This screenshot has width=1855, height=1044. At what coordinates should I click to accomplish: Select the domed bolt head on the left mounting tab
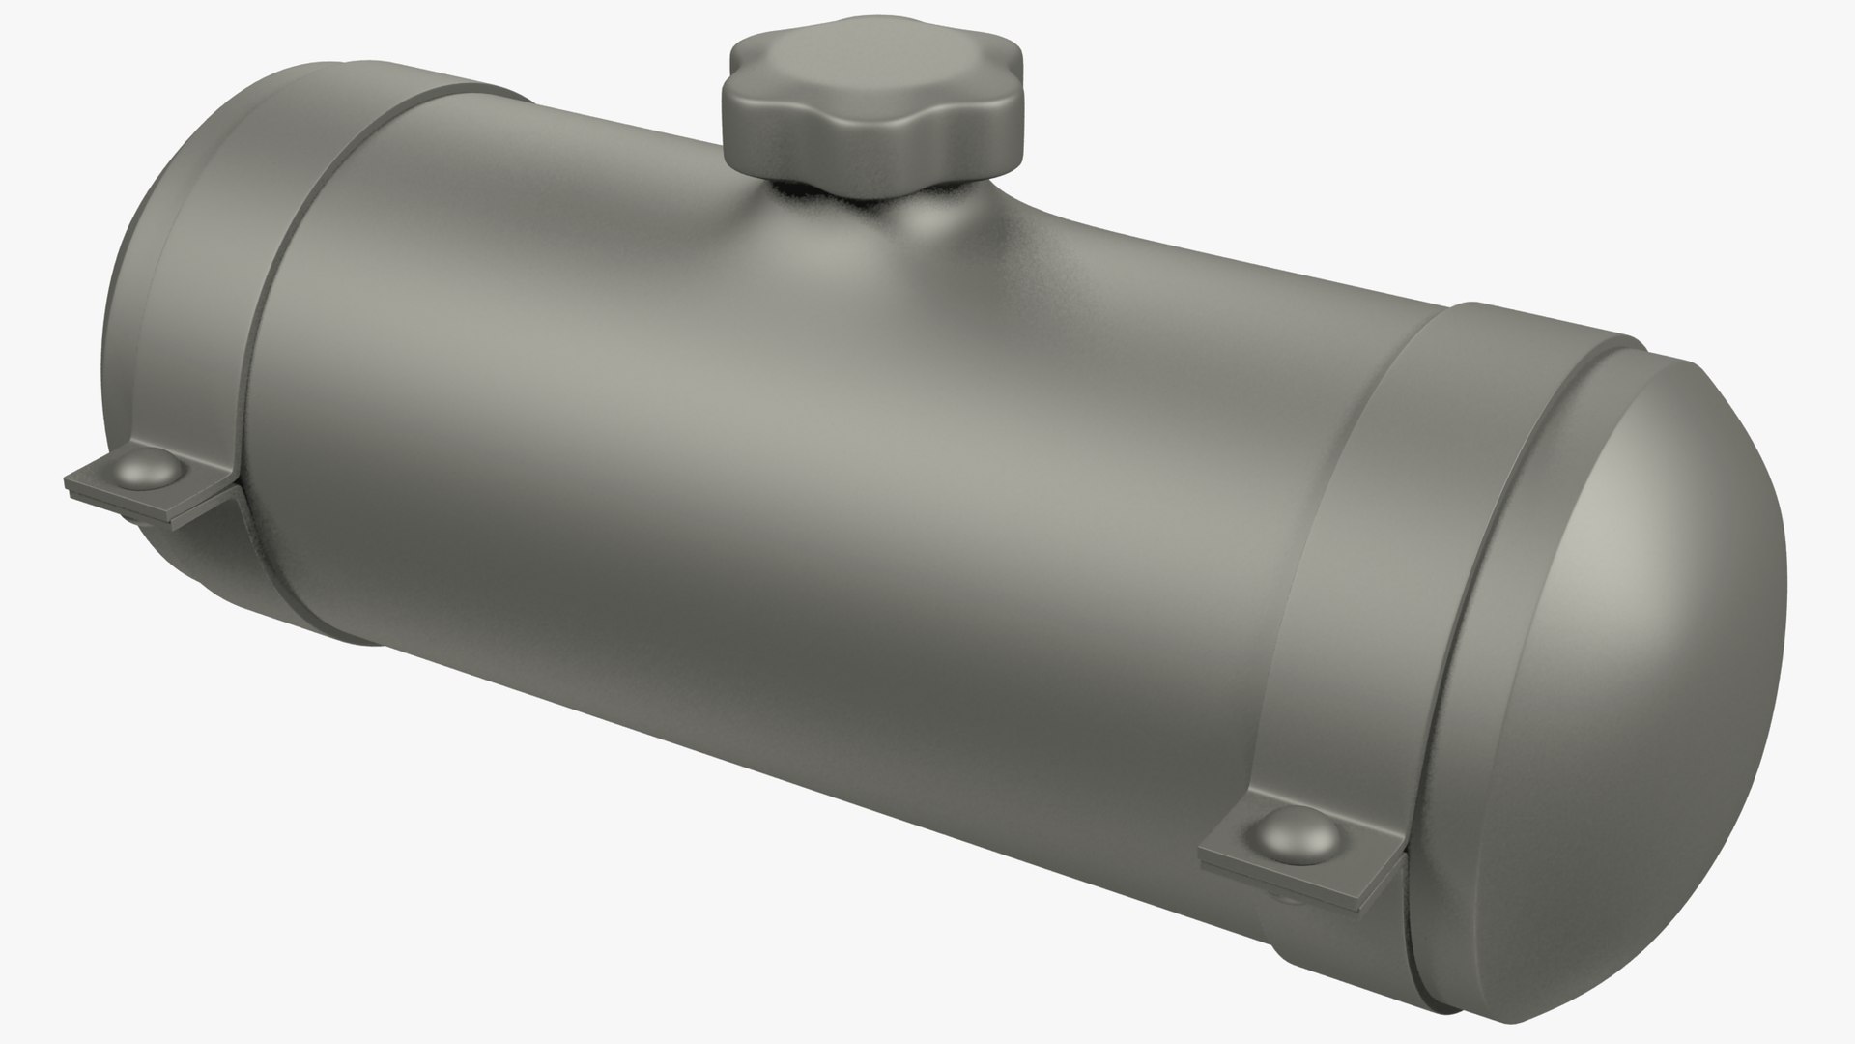(152, 471)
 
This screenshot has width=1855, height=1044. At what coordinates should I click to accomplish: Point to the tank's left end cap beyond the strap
(145, 319)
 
